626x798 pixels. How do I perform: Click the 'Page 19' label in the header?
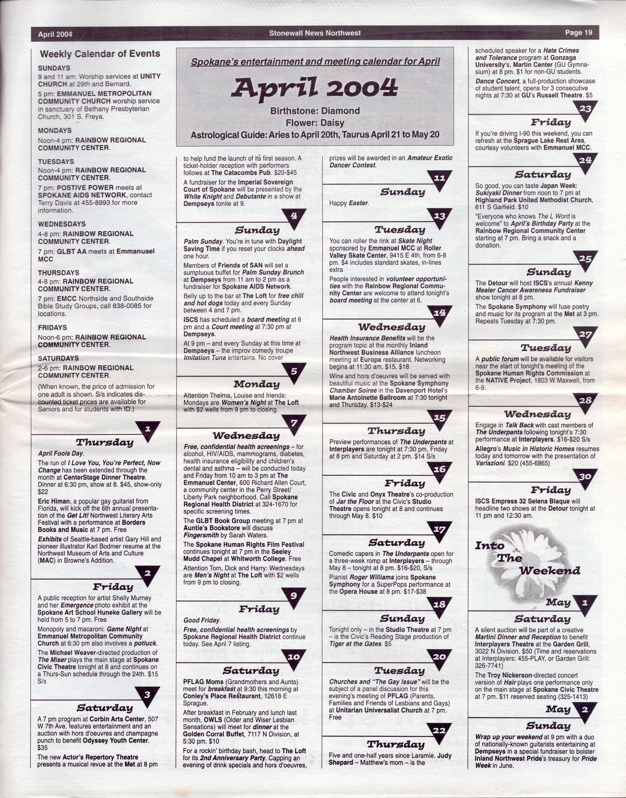(578, 33)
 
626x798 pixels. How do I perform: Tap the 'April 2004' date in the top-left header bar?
(55, 34)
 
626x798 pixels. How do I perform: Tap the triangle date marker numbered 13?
(439, 218)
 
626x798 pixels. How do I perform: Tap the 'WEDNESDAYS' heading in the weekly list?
(61, 224)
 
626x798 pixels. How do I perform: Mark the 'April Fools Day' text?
(61, 453)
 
